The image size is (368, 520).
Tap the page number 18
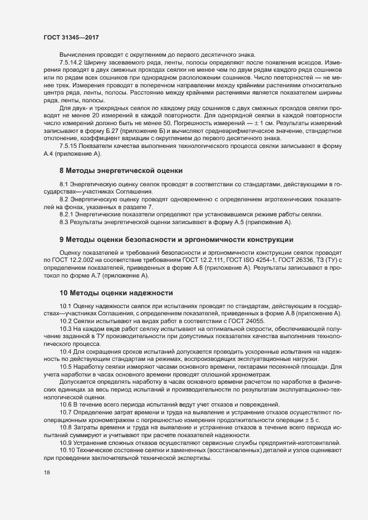[47, 472]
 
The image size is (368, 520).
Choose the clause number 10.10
[68, 449]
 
